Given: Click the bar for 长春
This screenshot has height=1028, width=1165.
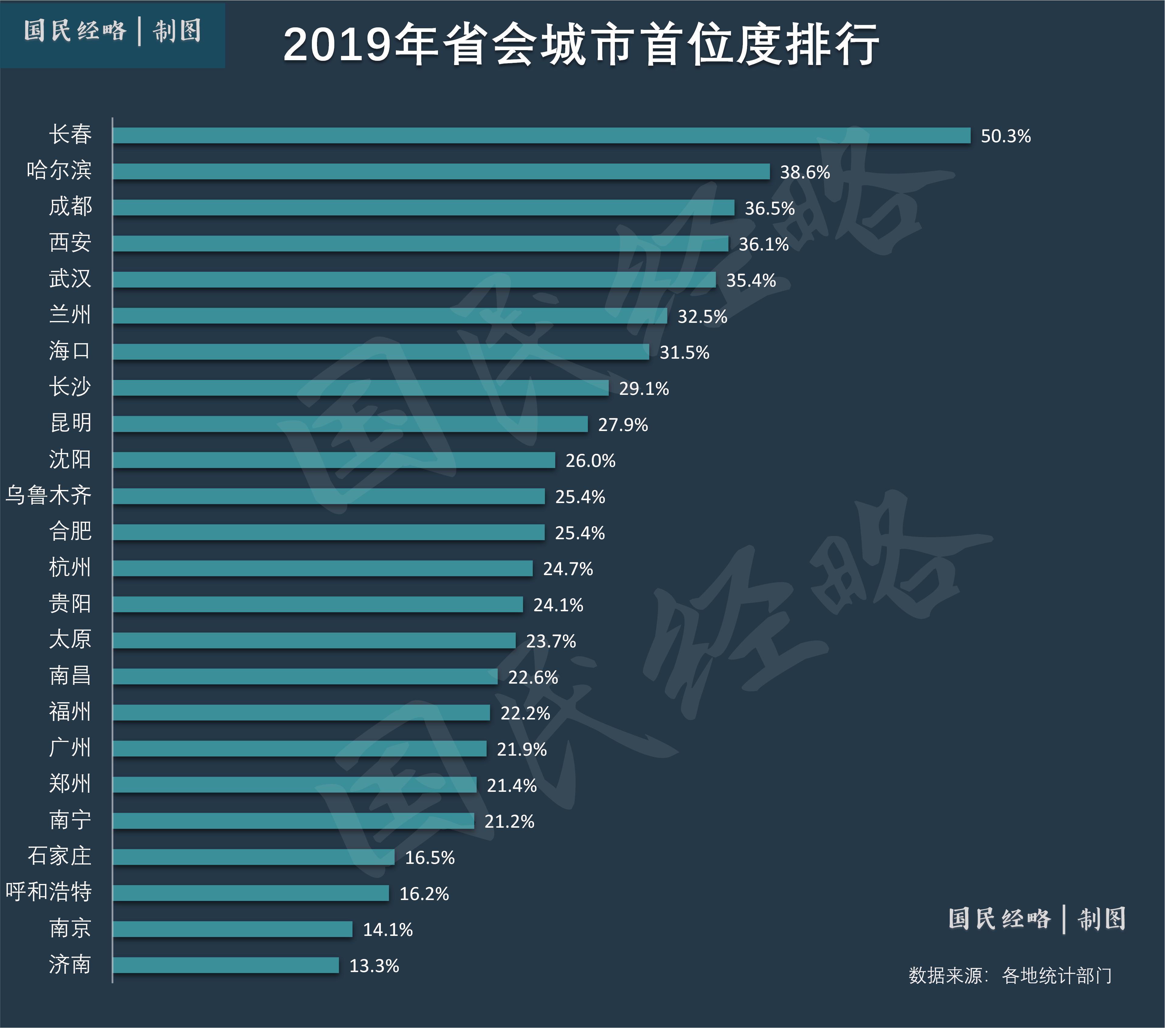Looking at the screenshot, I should click(541, 135).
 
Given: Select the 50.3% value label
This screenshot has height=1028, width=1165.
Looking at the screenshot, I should click(1005, 136).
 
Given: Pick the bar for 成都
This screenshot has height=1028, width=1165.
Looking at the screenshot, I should click(423, 208).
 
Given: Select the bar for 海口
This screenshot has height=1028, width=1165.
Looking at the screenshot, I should click(381, 352).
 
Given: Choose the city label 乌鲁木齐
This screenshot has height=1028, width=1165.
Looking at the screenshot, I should click(48, 495).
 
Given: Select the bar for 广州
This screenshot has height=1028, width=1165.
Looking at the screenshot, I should click(300, 749).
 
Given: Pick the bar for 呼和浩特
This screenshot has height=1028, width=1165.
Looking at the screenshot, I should click(251, 893).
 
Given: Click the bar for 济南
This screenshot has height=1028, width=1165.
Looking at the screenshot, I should click(226, 965).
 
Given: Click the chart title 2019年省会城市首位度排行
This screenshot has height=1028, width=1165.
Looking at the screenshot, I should click(581, 44).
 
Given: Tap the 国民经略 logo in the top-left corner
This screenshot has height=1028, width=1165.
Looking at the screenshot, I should click(112, 31).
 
